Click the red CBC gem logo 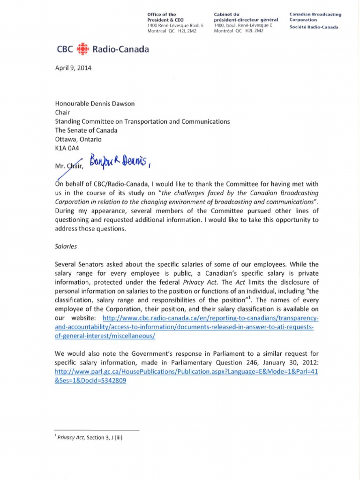(81, 49)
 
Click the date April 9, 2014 (74, 67)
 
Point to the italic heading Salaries (67, 245)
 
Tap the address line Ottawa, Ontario (78, 139)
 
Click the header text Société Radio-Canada (314, 27)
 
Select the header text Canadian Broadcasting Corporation (315, 17)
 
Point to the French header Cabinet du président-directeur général (246, 17)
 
